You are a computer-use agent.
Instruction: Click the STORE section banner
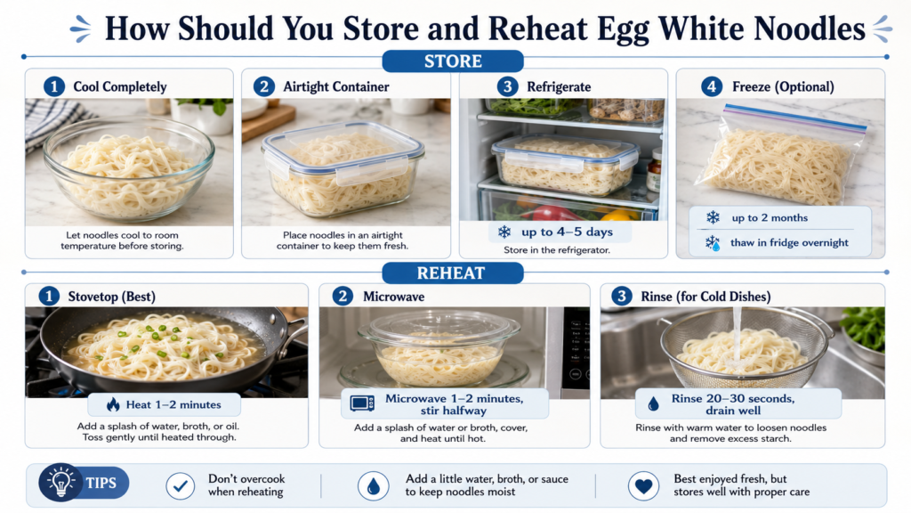point(453,61)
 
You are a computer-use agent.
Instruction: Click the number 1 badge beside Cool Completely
point(54,86)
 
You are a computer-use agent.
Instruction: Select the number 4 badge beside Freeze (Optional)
point(712,86)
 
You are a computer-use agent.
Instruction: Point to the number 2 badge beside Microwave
point(343,296)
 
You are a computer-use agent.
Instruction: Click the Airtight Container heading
point(335,86)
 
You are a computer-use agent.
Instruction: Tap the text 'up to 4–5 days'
point(567,232)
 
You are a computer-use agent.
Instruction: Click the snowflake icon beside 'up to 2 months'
point(713,217)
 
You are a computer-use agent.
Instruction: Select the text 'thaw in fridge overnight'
point(789,242)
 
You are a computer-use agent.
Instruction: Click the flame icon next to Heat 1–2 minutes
point(113,404)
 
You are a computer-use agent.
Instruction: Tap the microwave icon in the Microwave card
point(362,403)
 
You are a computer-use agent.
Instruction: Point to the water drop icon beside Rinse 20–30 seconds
point(654,403)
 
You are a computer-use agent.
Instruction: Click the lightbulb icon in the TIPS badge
point(60,482)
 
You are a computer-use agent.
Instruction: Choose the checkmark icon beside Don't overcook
point(180,485)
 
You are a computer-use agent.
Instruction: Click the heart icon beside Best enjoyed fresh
point(644,485)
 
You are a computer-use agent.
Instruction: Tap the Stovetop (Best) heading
point(111,297)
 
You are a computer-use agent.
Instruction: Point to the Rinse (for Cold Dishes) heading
point(705,297)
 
